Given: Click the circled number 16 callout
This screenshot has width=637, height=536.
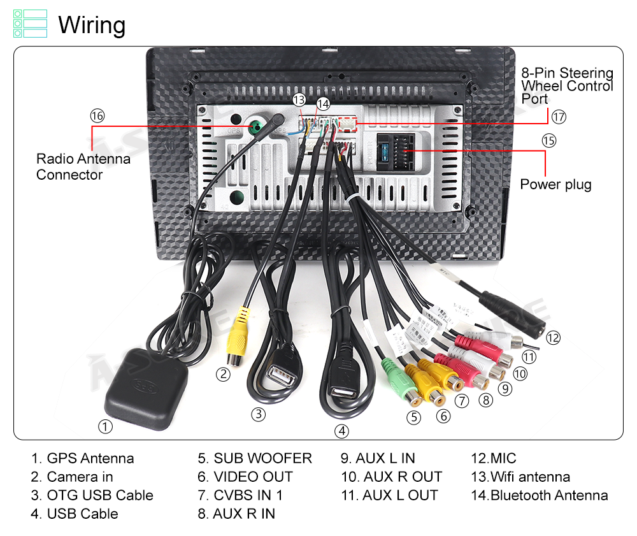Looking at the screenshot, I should coord(97,116).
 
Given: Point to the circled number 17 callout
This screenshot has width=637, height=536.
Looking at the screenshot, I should coord(559,117).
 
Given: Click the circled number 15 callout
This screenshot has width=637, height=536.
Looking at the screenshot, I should coord(548,141).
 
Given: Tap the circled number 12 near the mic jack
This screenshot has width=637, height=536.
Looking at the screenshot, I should coord(553,338).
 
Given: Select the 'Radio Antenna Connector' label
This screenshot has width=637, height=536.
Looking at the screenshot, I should coord(83,167).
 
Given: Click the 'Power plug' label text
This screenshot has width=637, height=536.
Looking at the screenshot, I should coord(555,185).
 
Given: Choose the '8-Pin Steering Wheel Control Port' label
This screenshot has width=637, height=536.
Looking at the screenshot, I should coord(567,86).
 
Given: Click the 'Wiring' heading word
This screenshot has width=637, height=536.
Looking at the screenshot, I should coord(92,25).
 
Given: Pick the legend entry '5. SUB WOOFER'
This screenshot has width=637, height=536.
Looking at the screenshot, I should coord(255,458).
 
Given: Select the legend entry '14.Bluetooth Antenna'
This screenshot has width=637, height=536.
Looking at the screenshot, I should coord(539,495).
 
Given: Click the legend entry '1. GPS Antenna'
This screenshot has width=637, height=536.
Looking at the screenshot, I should coord(83,458).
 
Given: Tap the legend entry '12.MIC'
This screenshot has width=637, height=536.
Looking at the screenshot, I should coord(493,458).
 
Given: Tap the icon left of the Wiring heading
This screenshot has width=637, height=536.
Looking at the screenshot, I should coord(30,23).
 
